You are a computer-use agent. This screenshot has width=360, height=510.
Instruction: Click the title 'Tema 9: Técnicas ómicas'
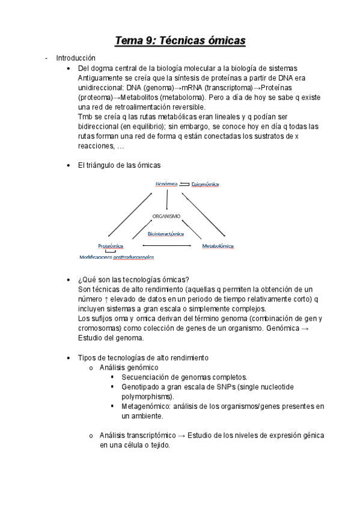(x=180, y=40)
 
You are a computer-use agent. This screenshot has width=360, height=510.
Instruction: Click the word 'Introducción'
(x=76, y=58)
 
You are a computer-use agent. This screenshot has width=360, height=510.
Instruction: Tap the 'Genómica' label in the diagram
(x=166, y=184)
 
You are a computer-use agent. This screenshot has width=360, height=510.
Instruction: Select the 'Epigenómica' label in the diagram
(x=205, y=184)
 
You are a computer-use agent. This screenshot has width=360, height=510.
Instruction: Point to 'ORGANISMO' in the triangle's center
(x=166, y=216)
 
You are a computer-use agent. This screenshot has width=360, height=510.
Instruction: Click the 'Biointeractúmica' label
(x=166, y=233)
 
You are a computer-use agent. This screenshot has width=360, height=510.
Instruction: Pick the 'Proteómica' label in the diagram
(x=111, y=246)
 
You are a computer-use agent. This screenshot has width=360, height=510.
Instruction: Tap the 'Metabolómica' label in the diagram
(x=218, y=246)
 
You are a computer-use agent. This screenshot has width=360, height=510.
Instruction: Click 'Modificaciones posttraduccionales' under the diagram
(x=117, y=257)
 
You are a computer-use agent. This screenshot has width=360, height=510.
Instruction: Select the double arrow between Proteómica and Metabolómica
(x=166, y=246)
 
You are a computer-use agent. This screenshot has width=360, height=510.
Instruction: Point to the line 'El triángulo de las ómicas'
(x=119, y=165)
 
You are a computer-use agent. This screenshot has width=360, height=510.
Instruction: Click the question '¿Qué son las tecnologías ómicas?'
(x=133, y=280)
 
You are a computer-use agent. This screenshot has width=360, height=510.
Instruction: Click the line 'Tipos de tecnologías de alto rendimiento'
(x=143, y=357)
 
